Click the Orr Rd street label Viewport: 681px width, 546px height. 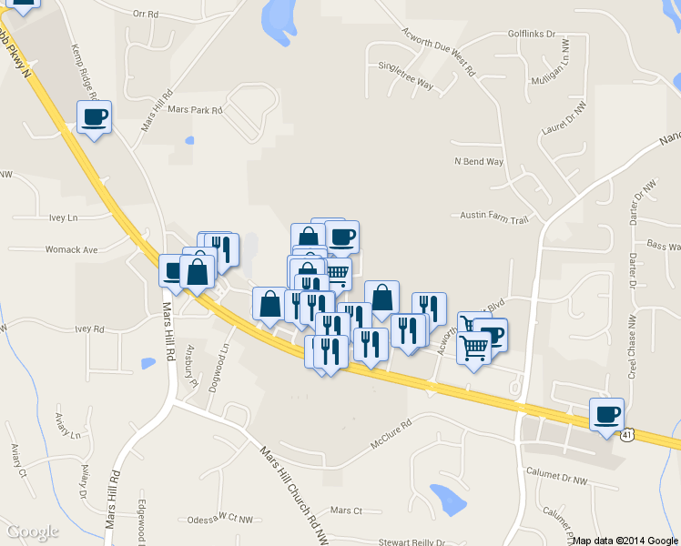coord(145,15)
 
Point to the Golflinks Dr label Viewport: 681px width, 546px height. coord(532,34)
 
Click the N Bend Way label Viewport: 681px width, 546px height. coord(478,162)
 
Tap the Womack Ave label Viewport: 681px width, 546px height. coord(72,249)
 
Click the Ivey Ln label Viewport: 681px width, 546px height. coord(64,218)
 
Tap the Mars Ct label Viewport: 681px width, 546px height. coord(346,511)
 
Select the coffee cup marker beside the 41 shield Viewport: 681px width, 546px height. coord(607,415)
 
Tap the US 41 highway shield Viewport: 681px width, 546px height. coord(628,435)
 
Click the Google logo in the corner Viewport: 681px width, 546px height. coord(33,531)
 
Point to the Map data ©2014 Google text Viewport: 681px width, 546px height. coord(625,541)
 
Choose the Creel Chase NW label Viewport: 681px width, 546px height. coord(631,348)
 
